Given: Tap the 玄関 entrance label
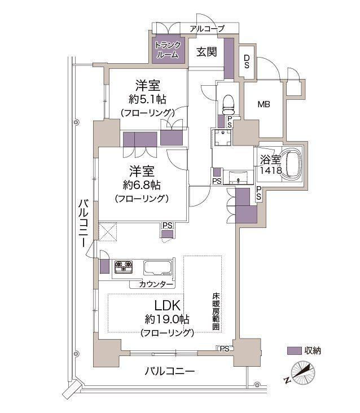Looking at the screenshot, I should click(207, 52).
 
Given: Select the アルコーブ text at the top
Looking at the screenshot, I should click(207, 29).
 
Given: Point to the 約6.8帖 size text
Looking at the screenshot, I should click(145, 184).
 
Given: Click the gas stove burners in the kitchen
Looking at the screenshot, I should click(124, 267).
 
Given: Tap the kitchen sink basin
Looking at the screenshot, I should click(161, 267).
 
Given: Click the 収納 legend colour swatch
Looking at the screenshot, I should click(294, 350).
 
